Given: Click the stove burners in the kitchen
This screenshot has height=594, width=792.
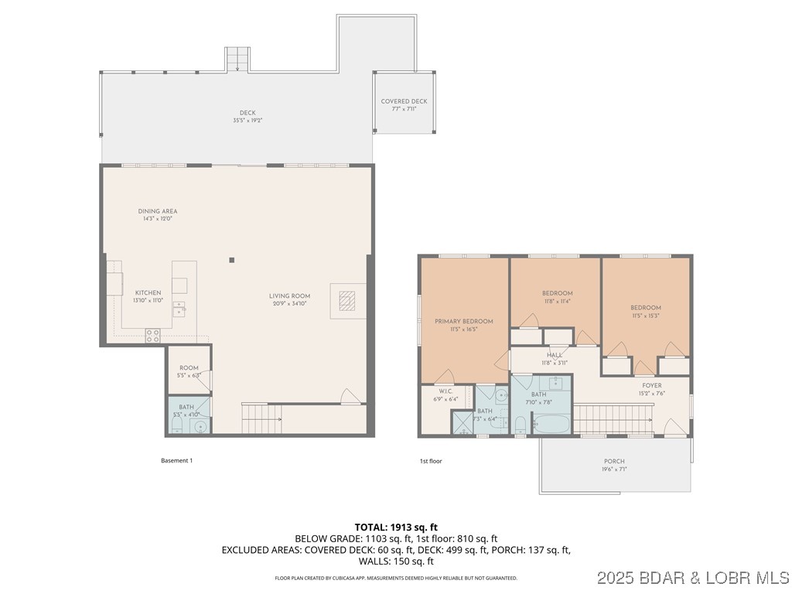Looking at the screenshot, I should pos(153,335).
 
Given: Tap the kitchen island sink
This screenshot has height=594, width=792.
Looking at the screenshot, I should pos(179,309).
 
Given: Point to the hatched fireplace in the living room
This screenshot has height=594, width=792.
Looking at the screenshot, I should pos(344,300).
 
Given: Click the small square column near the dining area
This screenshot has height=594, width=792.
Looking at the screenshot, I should pos(231,260).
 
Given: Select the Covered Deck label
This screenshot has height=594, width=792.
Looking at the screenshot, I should pos(404,101).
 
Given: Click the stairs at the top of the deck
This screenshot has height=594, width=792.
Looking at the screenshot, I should pos(237,59).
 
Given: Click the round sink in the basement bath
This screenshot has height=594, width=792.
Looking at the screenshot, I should pos(200,425).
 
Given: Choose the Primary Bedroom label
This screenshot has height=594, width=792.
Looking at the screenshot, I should pos(463,321).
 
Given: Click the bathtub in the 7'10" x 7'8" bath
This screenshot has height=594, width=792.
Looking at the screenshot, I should pos(551,425).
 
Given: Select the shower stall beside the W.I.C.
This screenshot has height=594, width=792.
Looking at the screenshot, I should pos(463,422).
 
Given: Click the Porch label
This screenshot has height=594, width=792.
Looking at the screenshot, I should pos(614,461).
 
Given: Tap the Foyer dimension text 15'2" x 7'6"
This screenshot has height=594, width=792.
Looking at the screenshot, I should pos(652,393).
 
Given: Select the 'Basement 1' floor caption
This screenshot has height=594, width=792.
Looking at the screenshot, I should pos(176,461).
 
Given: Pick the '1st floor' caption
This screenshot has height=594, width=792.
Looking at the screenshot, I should pos(431,461).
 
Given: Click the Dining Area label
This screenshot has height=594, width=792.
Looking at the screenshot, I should pos(158,211).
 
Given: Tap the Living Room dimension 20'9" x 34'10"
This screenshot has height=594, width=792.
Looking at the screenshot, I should pos(289,304).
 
